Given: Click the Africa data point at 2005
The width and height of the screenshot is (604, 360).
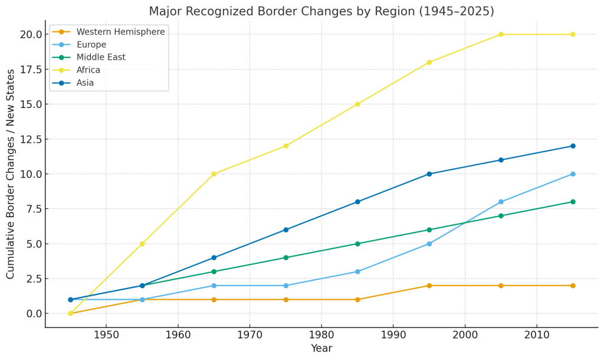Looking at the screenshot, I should click(501, 34).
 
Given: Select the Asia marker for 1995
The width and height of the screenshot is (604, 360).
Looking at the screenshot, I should click(429, 174).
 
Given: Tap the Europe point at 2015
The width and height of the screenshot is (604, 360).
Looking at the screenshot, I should click(573, 174).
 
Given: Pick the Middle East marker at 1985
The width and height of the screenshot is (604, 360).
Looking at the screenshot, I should click(357, 244).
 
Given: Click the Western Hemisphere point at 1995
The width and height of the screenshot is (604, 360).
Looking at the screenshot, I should click(429, 286).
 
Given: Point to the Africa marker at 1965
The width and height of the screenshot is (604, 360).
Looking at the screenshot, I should click(214, 174).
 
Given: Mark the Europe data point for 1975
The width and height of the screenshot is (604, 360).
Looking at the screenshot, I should click(285, 286).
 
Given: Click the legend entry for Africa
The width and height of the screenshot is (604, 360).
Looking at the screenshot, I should click(88, 70).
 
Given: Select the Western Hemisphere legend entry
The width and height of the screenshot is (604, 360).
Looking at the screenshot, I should click(121, 31).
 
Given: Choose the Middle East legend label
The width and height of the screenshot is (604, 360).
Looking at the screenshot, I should click(101, 57).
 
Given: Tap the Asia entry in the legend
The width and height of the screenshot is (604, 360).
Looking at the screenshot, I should click(85, 83).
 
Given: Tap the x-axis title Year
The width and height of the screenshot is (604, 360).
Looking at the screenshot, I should click(321, 349).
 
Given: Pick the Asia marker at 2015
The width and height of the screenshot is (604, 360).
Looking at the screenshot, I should click(573, 146).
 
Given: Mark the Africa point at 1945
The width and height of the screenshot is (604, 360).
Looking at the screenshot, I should click(70, 313).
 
